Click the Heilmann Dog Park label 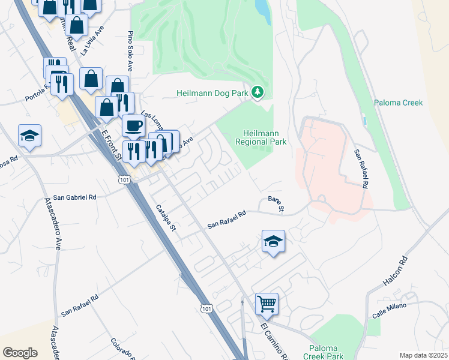point(212,93)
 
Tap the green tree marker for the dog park point(258,92)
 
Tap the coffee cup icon point(133,126)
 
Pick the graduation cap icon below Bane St point(273,241)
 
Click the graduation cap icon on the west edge point(29,136)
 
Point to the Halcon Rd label point(395,271)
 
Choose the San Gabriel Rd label point(74,197)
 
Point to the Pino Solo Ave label point(129,52)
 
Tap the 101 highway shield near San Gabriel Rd point(124,179)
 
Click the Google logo point(20,353)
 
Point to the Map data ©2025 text point(423,355)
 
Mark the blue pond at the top point(262,10)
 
